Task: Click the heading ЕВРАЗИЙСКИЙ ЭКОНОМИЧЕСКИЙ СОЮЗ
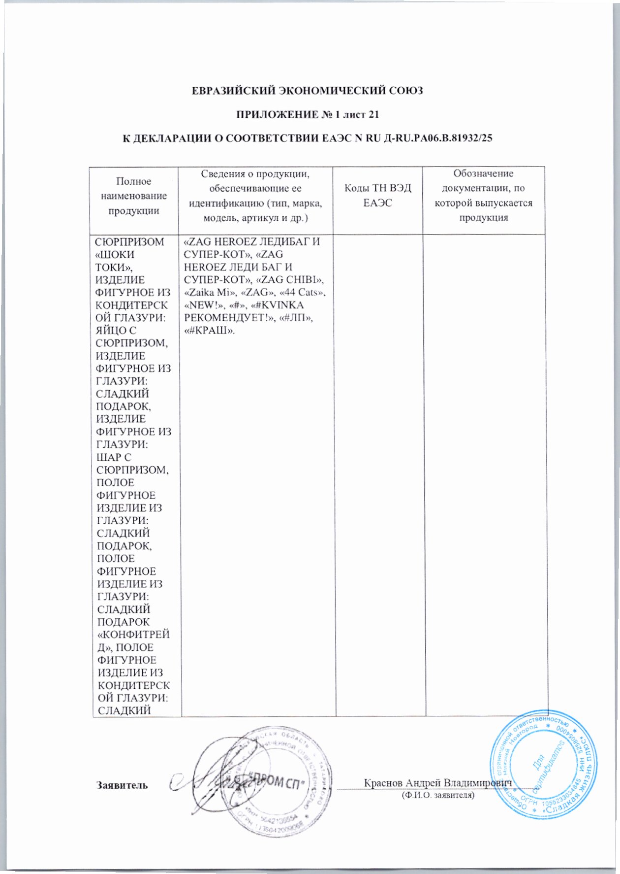307,91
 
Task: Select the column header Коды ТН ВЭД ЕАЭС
377,196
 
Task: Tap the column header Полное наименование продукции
134,196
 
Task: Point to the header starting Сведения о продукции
255,196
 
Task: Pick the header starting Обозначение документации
483,196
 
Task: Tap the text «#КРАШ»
209,331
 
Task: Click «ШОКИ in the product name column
115,255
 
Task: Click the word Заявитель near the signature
122,785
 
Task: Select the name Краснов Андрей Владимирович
437,783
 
